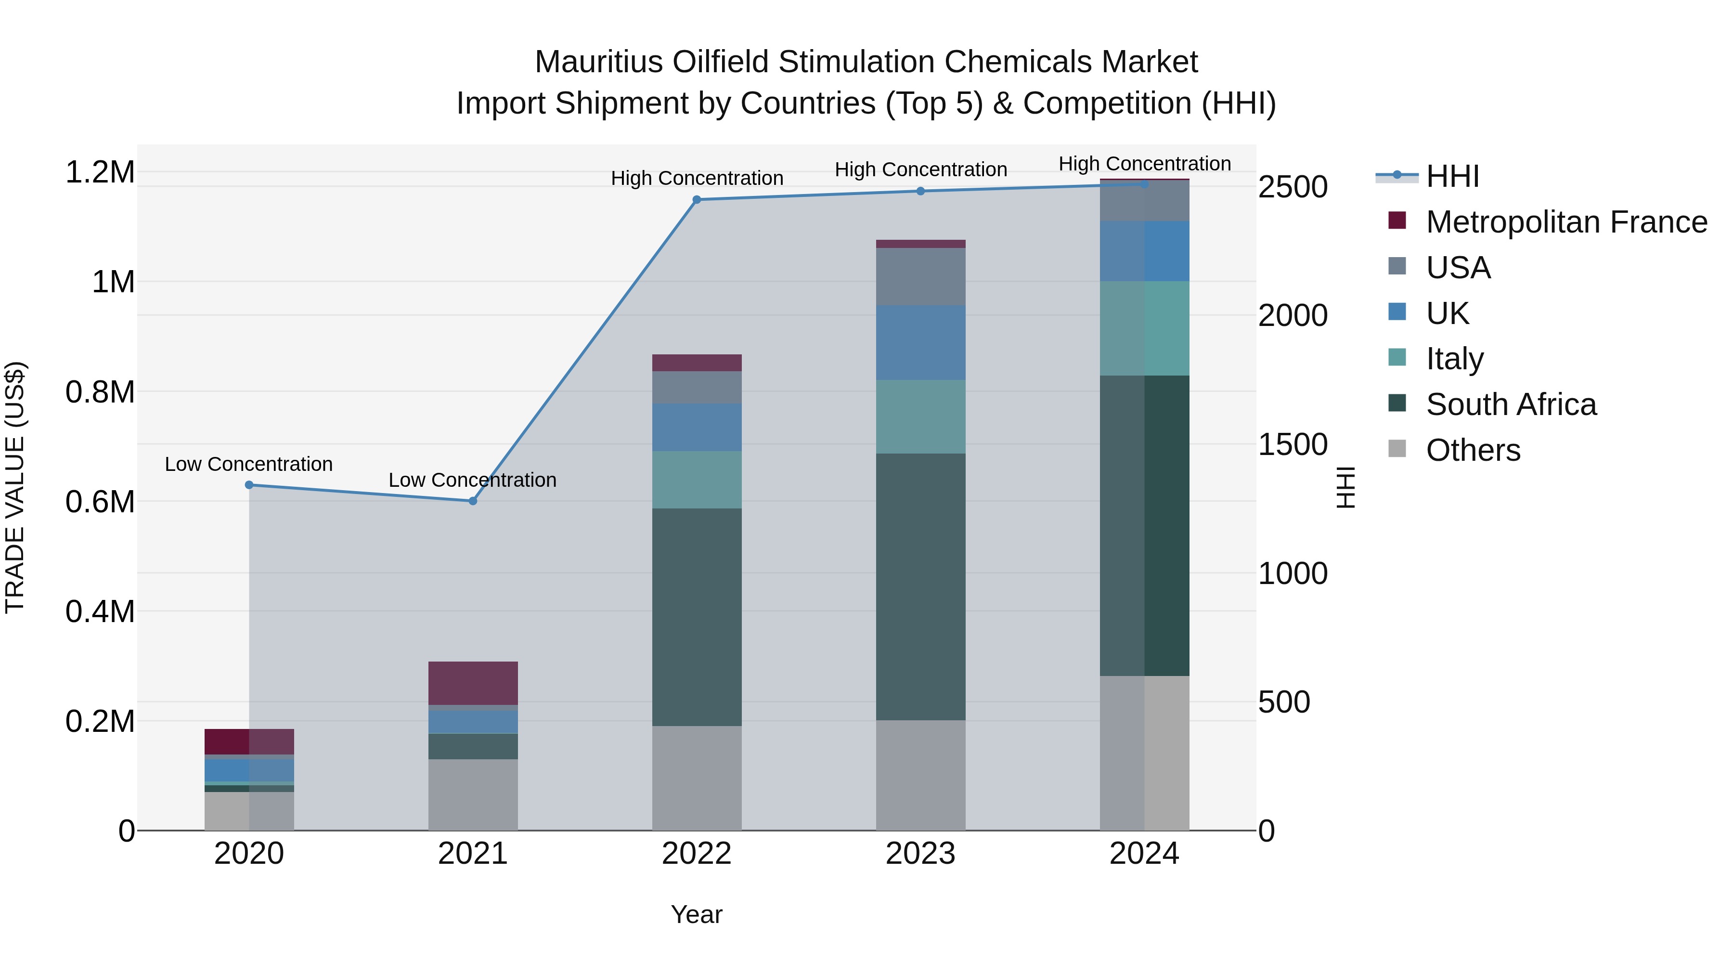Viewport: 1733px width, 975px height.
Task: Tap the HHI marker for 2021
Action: point(472,501)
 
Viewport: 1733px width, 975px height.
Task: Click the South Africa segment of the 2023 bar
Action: point(920,587)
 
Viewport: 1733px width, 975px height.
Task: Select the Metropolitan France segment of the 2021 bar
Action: point(472,683)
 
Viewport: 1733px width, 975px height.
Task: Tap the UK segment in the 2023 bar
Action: point(920,342)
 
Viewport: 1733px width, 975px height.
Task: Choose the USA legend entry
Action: point(1457,268)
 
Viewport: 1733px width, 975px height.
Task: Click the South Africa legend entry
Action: point(1510,404)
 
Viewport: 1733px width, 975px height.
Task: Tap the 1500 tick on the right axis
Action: point(1293,445)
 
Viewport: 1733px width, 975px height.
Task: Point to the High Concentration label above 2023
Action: point(920,169)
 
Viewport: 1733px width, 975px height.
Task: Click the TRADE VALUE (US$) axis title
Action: point(15,487)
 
